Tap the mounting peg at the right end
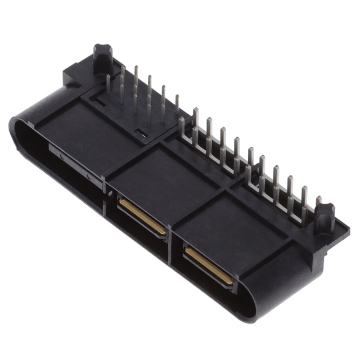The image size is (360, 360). pos(325,217)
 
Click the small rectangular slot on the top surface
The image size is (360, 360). pos(141,133)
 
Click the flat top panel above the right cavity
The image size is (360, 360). pos(231,225)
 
